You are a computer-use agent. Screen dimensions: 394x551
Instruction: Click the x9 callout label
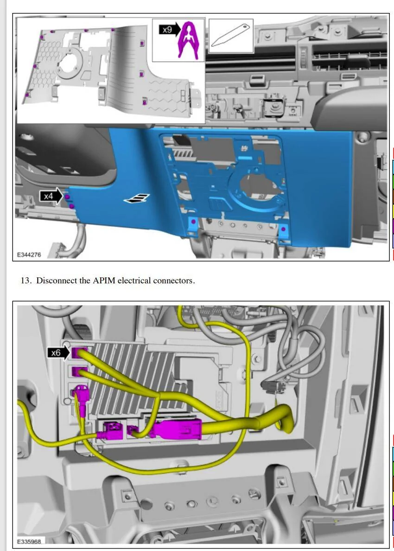[167, 30]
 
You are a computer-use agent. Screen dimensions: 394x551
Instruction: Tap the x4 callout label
[48, 196]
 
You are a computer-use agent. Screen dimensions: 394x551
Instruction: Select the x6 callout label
[56, 353]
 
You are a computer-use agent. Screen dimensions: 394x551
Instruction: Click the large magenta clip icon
[188, 40]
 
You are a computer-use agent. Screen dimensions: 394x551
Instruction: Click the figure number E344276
[29, 255]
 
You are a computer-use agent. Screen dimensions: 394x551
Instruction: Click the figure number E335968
[29, 542]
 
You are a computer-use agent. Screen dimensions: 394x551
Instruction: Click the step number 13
[26, 281]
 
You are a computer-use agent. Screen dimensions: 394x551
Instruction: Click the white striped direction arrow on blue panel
[136, 199]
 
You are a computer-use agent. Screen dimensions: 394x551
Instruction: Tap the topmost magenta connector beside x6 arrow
[80, 352]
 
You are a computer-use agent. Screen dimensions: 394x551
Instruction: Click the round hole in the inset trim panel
[70, 64]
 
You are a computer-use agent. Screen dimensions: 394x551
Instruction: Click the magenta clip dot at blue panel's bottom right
[284, 230]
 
